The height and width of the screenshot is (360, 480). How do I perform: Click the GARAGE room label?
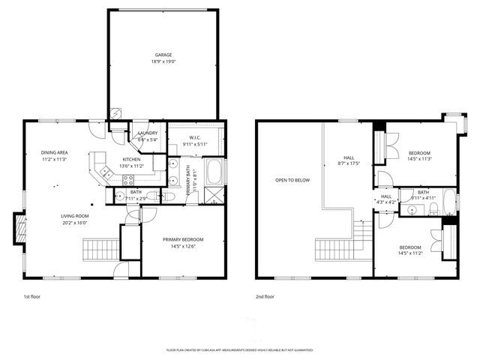[x=163, y=55]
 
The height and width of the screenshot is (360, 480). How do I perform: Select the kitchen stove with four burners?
[x=127, y=179]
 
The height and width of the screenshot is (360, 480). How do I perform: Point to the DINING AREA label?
[x=55, y=153]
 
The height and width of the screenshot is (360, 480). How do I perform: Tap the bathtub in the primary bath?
[x=214, y=172]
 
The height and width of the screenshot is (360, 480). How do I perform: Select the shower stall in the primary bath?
[x=214, y=196]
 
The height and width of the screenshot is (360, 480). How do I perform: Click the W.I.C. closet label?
[x=193, y=138]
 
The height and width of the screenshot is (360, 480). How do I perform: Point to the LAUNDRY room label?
[x=148, y=133]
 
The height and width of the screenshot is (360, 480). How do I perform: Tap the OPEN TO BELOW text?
[x=290, y=180]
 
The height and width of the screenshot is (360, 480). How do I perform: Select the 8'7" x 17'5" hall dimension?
[x=349, y=163]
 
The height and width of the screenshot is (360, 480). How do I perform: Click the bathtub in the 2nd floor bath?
[x=448, y=201]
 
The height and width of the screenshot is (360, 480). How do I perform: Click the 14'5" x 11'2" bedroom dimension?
[x=409, y=253]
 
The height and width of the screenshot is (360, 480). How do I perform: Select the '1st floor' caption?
[x=32, y=296]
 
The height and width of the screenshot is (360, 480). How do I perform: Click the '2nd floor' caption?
[x=265, y=296]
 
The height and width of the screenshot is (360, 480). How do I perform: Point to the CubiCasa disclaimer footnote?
[x=239, y=350]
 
